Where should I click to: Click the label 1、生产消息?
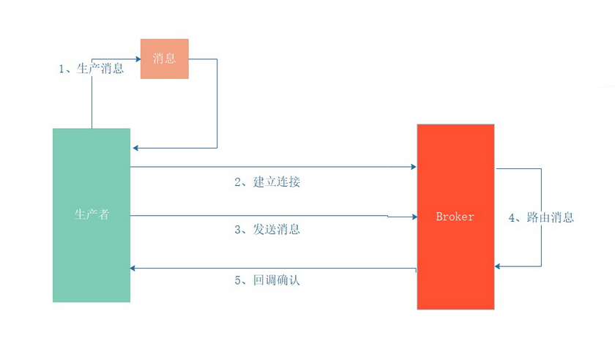click(92, 69)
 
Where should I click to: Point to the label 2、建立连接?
click(267, 182)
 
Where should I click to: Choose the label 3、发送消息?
click(267, 229)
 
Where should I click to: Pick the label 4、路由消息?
click(541, 217)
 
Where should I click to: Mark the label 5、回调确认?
click(267, 280)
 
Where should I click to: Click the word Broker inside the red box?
click(455, 217)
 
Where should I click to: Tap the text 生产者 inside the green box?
click(92, 214)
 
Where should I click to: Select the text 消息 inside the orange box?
click(165, 58)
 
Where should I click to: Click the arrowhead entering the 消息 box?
click(137, 58)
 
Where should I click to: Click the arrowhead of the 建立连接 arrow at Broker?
click(413, 168)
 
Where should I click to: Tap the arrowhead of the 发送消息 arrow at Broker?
click(413, 217)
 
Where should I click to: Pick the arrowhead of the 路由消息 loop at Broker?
click(498, 266)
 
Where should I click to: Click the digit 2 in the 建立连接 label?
click(238, 182)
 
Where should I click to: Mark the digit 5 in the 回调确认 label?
click(238, 280)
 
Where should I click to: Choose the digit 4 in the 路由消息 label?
click(512, 217)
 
